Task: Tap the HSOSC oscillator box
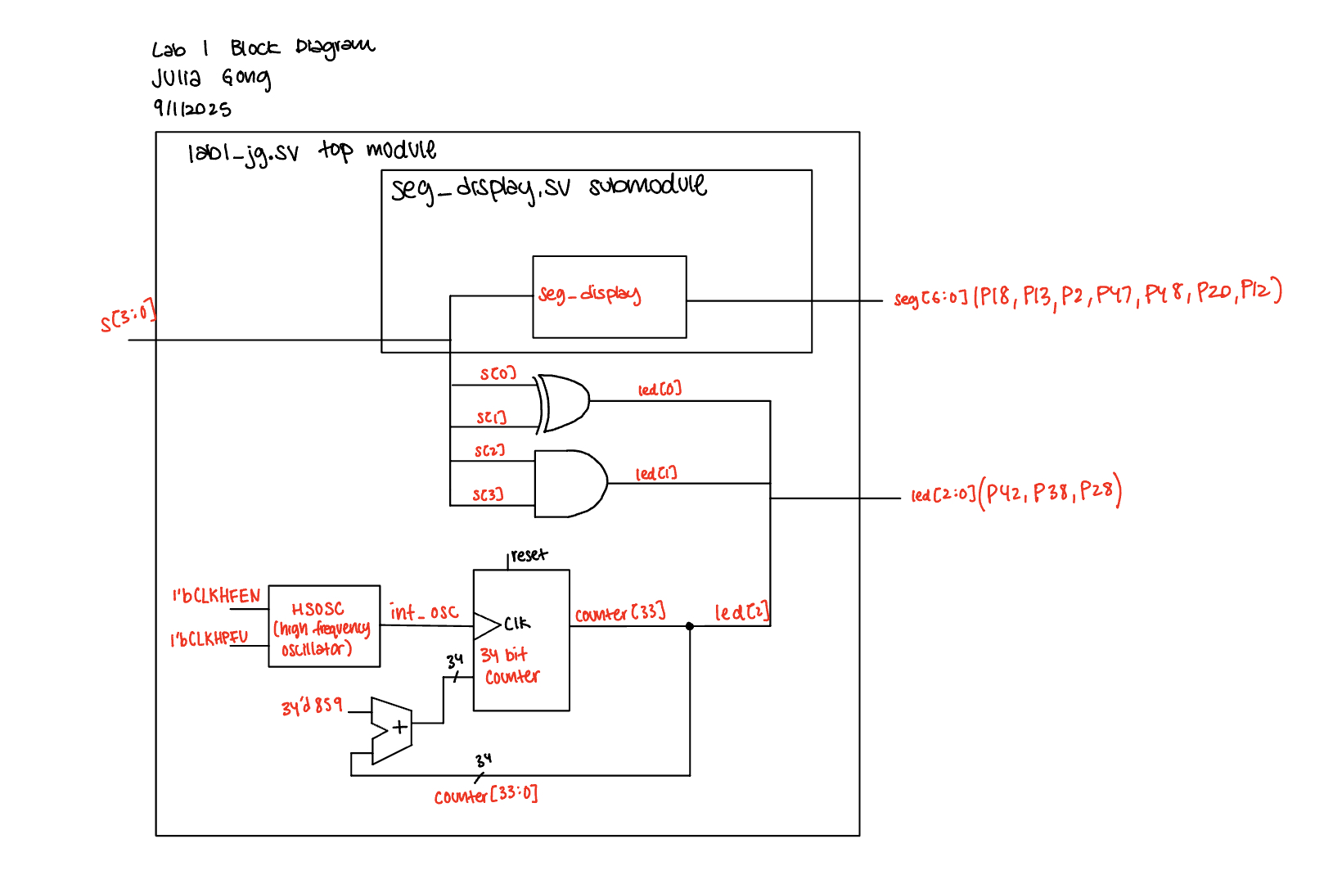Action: point(324,626)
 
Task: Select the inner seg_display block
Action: point(609,296)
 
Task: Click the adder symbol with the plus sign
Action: point(392,730)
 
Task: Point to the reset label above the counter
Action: point(529,556)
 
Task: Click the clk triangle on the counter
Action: point(487,625)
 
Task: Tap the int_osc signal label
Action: point(424,612)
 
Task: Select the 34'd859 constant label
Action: point(312,706)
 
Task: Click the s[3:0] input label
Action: point(128,317)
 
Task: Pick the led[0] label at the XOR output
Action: point(660,390)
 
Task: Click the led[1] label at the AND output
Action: point(656,474)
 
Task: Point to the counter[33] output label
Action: point(619,614)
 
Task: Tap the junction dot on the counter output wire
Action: point(690,626)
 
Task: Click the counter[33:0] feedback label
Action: point(486,796)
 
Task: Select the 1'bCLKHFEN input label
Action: point(216,596)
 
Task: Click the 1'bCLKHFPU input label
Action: point(209,639)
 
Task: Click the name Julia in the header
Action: point(176,79)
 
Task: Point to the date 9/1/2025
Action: point(192,109)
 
